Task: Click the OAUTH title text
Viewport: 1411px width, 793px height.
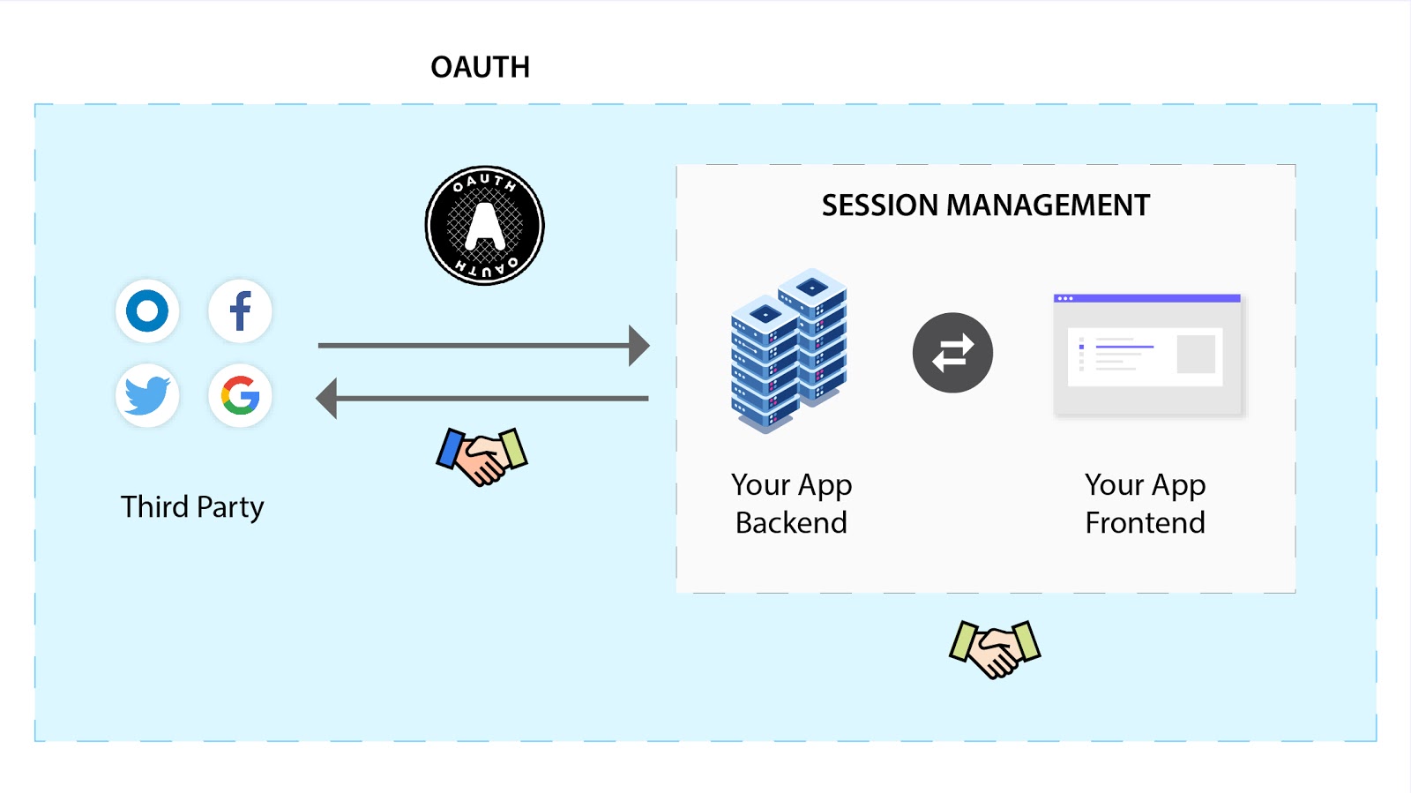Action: click(480, 67)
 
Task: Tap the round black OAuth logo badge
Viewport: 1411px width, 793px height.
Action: click(484, 226)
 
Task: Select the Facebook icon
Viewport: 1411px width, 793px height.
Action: click(240, 311)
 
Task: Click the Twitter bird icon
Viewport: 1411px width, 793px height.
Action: click(147, 395)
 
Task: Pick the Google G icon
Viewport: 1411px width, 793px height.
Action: click(240, 395)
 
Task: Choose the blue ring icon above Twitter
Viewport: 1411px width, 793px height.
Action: click(147, 311)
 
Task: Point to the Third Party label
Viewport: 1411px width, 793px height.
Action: click(192, 507)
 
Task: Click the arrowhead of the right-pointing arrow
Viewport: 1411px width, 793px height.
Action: click(639, 345)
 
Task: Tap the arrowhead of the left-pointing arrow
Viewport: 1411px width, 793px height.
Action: click(327, 398)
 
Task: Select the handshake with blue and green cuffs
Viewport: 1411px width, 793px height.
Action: click(482, 455)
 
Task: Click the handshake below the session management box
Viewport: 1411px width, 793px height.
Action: click(995, 648)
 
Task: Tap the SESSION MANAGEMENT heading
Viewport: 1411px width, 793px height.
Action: click(985, 206)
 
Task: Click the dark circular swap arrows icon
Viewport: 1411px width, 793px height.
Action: click(952, 353)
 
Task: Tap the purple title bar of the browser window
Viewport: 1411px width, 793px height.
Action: click(1147, 298)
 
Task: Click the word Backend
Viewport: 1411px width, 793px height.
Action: click(791, 523)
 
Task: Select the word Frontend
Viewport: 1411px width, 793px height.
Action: click(1145, 523)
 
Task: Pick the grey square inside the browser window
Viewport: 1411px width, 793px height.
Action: click(1196, 355)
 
